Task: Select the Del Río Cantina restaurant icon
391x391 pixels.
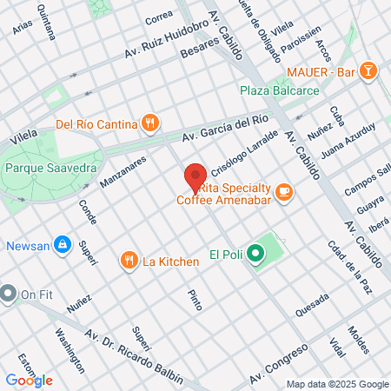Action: click(150, 123)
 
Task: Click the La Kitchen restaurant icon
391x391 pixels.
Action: click(129, 260)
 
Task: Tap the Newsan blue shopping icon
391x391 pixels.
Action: click(62, 245)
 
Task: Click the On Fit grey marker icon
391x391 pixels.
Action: click(9, 294)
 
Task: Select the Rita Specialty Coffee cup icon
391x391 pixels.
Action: click(284, 192)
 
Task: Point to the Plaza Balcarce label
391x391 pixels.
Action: click(280, 89)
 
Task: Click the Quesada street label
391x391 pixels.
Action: click(312, 304)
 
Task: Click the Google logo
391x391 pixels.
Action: click(29, 381)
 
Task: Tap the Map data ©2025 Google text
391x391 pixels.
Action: click(338, 384)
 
